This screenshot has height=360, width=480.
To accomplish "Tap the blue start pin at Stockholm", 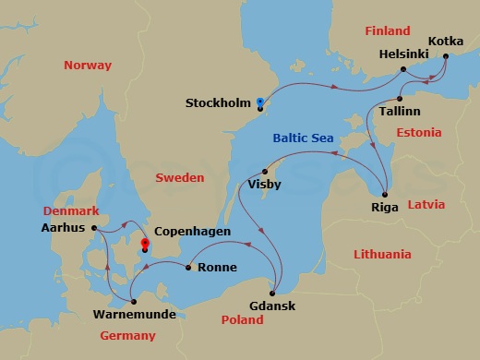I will (x=260, y=103).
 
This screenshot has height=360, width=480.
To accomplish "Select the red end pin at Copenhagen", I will (x=144, y=247).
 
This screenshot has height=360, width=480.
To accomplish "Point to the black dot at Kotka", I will (x=445, y=56).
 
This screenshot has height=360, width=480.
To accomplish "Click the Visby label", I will (x=266, y=185).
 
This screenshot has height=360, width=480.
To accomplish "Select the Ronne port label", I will (x=218, y=269).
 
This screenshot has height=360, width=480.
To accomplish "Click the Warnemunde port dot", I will (x=134, y=301).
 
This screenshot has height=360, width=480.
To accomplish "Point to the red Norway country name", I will (x=88, y=66).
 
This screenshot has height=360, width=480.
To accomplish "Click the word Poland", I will (x=242, y=320).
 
